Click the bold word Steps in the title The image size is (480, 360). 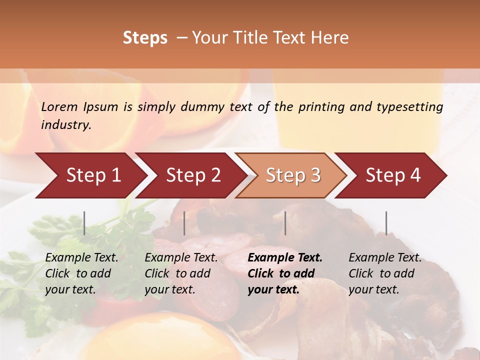pyautogui.click(x=145, y=38)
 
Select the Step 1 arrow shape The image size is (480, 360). pyautogui.click(x=90, y=175)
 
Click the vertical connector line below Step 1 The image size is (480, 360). pyautogui.click(x=84, y=223)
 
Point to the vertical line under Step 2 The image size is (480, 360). pyautogui.click(x=184, y=223)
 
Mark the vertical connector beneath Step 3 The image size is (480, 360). pyautogui.click(x=285, y=223)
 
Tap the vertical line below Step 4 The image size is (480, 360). pyautogui.click(x=386, y=223)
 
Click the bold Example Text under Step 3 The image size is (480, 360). pyautogui.click(x=285, y=273)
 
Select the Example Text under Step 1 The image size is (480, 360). pyautogui.click(x=81, y=273)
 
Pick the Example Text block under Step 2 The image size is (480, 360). pyautogui.click(x=181, y=273)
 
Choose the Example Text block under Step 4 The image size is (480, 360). pyautogui.click(x=385, y=273)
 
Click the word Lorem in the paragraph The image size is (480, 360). pyautogui.click(x=59, y=106)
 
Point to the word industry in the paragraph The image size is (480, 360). pyautogui.click(x=66, y=125)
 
